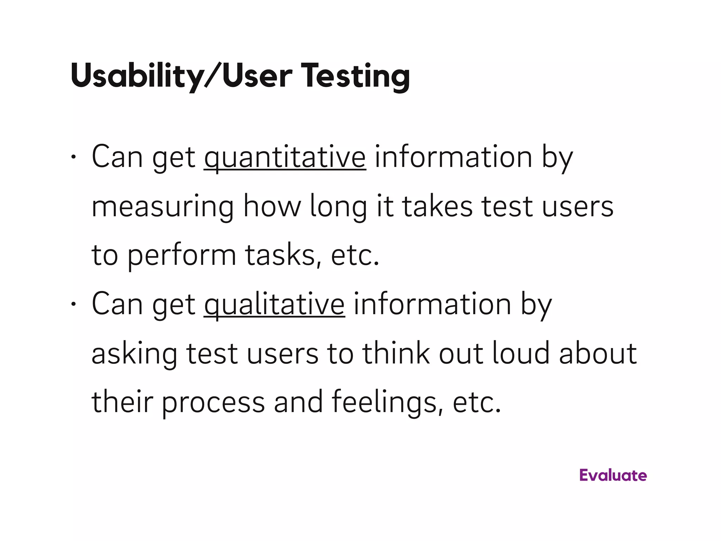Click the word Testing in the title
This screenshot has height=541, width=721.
tap(355, 76)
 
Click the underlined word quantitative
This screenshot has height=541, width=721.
tap(285, 157)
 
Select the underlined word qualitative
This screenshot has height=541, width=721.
tap(274, 304)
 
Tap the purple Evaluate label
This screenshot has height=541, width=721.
tap(613, 475)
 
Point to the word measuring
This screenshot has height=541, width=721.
tap(162, 207)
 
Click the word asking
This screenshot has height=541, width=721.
tap(134, 354)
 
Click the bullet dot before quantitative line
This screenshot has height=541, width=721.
tap(73, 156)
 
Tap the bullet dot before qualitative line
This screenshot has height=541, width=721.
tap(73, 304)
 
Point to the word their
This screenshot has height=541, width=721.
tap(122, 402)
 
